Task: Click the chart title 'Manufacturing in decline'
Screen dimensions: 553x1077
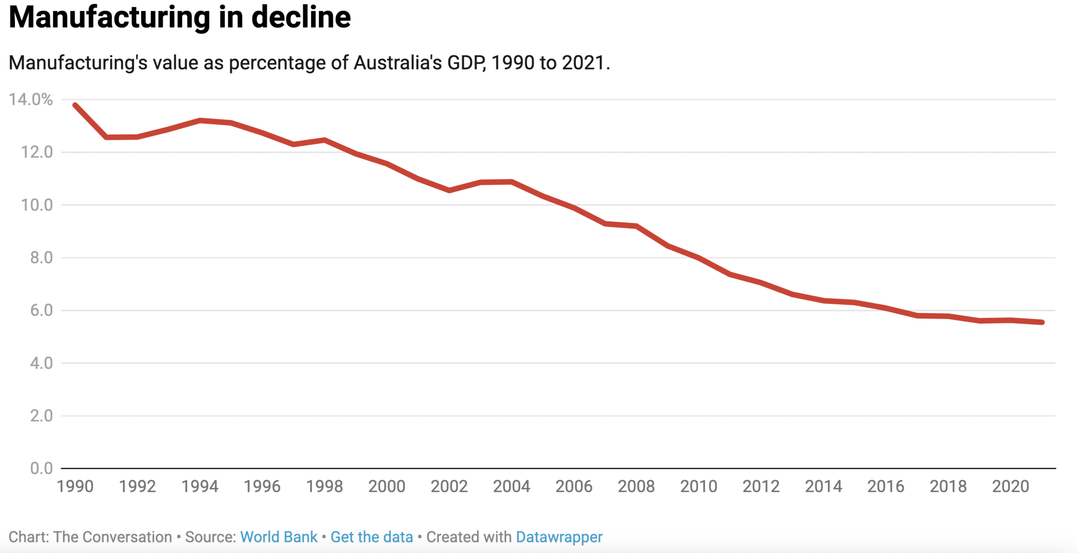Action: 180,18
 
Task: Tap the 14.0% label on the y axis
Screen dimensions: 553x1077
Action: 31,99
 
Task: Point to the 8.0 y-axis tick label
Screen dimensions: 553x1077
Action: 41,258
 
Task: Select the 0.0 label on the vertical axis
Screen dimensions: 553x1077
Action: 41,468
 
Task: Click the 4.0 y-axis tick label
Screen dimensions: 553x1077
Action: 41,363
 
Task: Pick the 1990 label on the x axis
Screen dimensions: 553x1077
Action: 75,486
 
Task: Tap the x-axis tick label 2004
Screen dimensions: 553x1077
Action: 512,486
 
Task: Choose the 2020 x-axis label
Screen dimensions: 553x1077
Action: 1010,486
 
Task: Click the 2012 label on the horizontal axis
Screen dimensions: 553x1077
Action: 761,486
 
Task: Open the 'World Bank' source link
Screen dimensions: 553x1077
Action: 279,537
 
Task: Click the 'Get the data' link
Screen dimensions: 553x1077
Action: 372,537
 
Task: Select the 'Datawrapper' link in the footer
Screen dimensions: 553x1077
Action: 559,537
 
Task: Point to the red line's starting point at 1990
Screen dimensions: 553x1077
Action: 75,105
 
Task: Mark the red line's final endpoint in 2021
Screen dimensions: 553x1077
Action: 1042,322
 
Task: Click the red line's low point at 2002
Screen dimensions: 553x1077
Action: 449,190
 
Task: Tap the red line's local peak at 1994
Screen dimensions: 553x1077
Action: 200,120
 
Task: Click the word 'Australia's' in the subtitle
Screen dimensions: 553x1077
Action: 398,63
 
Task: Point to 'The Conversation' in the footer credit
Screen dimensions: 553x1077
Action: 113,537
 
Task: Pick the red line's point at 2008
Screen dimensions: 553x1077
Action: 636,226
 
